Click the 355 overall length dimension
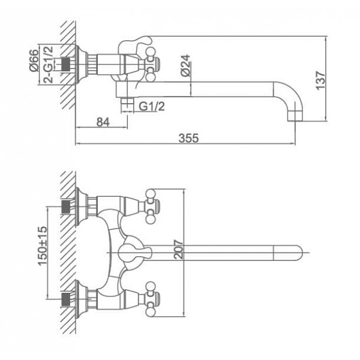coord(188,138)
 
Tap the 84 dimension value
coord(103,122)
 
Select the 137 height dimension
coord(321,80)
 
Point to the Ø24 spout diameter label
coord(185,65)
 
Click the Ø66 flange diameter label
coord(34,61)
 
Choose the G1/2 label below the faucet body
coord(152,107)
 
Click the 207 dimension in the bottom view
coord(179,250)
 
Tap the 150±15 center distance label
coord(43,246)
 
